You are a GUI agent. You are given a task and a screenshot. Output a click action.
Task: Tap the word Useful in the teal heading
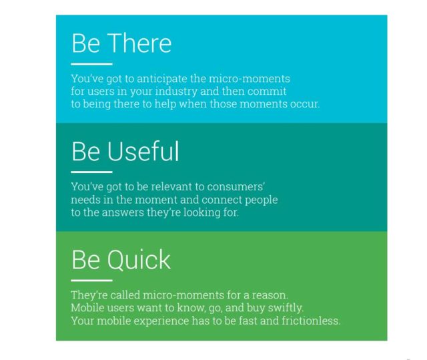point(143,152)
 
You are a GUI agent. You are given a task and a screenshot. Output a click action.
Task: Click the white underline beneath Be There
point(91,64)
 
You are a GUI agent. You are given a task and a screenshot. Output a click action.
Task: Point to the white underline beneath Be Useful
point(91,172)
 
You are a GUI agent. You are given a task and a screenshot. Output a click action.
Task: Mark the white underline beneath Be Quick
point(91,281)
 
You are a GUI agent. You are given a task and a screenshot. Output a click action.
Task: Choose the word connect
point(216,200)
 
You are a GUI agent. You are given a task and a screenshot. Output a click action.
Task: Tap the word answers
point(121,213)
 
